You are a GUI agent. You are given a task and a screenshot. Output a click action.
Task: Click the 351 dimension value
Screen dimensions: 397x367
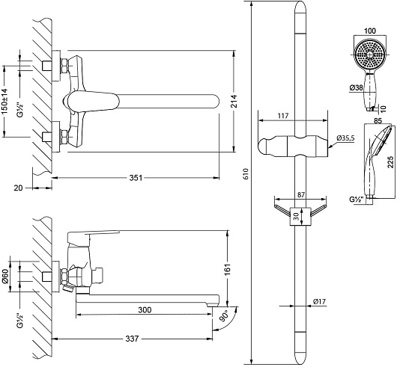point(136,178)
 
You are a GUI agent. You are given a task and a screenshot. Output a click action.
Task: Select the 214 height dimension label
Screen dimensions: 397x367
point(234,101)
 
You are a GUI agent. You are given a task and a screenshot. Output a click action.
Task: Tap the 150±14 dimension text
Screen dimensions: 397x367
point(5,101)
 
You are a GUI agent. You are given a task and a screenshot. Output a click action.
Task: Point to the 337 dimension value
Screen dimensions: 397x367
point(132,339)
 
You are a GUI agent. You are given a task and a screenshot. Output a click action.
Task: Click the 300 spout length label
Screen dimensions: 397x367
point(145,309)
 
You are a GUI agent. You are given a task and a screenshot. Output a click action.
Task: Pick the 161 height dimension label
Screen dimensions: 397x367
point(228,269)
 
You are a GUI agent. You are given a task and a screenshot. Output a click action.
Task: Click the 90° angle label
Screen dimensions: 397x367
point(224,316)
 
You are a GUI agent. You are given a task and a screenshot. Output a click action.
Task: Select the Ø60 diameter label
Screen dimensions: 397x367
point(5,277)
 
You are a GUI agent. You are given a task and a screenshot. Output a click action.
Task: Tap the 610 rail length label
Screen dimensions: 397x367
point(246,173)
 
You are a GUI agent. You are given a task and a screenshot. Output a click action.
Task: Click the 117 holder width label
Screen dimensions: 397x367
point(283,116)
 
